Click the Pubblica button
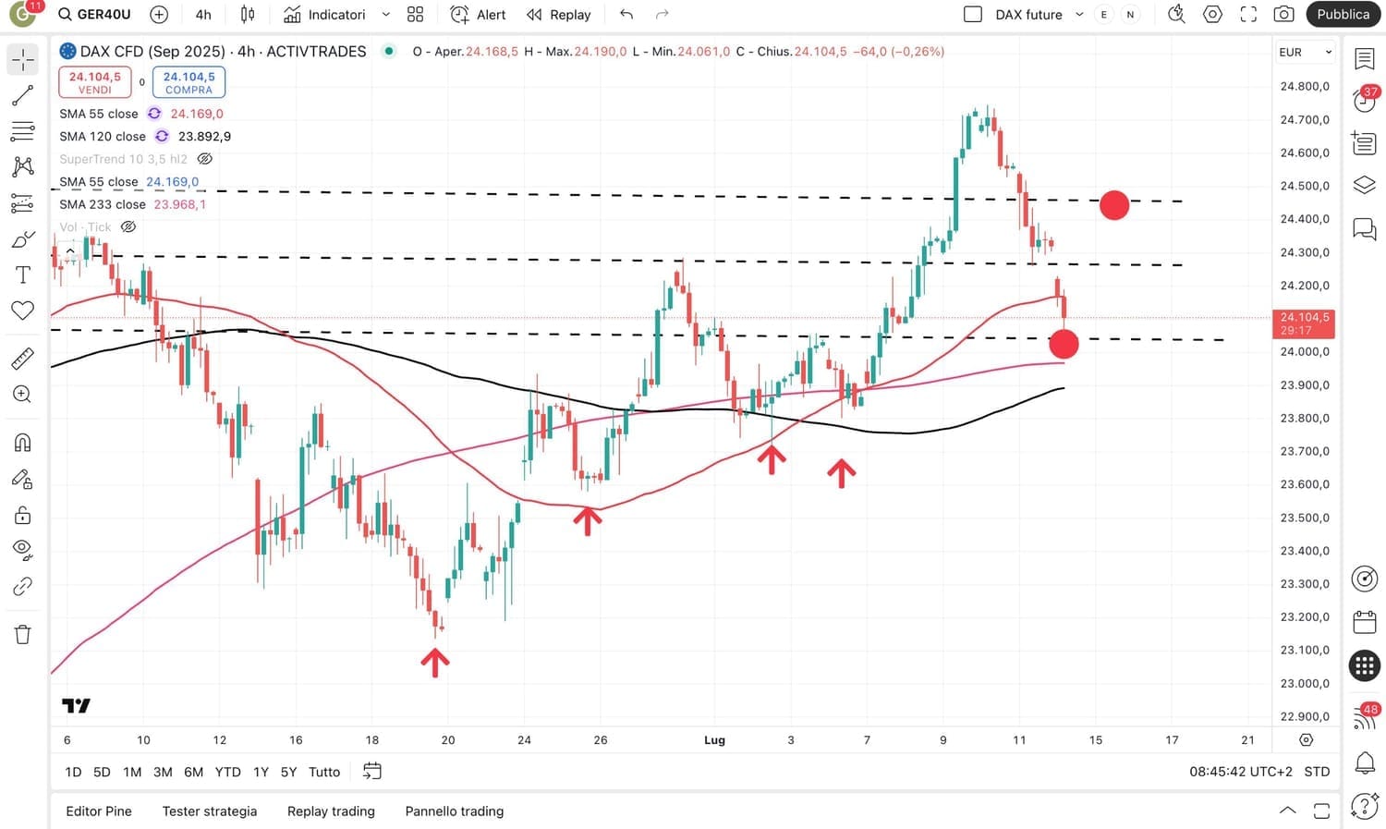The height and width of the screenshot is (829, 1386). pos(1343,15)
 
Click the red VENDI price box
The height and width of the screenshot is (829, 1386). pos(95,82)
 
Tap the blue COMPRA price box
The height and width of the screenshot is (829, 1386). pos(188,82)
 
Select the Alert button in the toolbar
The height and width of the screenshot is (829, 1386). pos(478,15)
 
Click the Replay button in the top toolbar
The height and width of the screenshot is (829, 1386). pos(558,15)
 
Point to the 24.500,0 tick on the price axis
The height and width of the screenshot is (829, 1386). pos(1304,186)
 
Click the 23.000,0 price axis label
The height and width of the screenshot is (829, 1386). pos(1304,683)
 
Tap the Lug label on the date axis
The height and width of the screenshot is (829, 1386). pos(714,740)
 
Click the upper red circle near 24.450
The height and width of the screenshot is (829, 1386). pos(1114,205)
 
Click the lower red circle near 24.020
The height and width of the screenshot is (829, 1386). pos(1064,344)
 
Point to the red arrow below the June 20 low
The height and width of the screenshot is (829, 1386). pos(435,662)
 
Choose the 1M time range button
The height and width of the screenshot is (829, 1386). pos(132,772)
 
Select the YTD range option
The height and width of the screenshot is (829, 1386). pos(227,772)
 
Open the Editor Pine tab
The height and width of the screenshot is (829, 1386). pos(99,811)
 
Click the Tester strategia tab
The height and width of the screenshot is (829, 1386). pos(210,811)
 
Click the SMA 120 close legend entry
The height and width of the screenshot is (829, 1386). pos(103,137)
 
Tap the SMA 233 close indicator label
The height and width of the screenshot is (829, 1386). pos(103,204)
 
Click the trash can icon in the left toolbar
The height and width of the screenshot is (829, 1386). pos(23,634)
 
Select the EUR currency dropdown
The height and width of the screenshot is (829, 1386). pos(1305,53)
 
